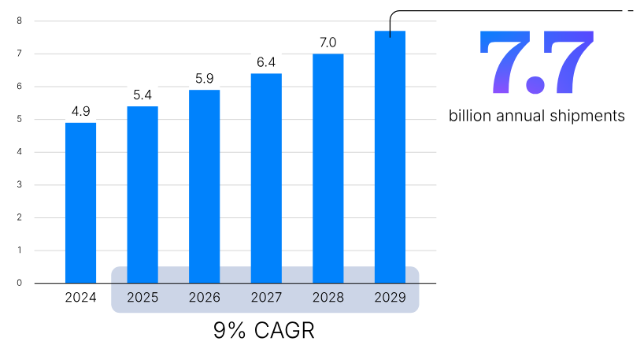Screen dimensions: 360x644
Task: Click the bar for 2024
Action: point(80,202)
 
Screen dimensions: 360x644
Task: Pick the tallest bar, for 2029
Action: point(390,157)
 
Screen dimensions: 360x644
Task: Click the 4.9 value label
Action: point(80,111)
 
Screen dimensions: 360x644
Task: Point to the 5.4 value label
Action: point(142,95)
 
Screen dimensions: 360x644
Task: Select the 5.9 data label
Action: point(204,79)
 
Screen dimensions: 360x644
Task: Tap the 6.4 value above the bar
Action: point(266,62)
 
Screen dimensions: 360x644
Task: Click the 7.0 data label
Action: point(328,43)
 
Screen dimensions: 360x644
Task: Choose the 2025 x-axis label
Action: point(142,298)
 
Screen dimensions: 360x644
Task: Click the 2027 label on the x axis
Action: point(266,298)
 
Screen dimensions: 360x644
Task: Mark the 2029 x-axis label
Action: point(390,298)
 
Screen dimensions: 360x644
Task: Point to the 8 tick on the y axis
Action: point(19,20)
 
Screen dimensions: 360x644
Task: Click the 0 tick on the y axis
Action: point(19,283)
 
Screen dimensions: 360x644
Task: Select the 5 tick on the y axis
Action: point(19,119)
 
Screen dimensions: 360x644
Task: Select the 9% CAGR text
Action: point(264,331)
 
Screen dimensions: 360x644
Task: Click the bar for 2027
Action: point(266,178)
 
